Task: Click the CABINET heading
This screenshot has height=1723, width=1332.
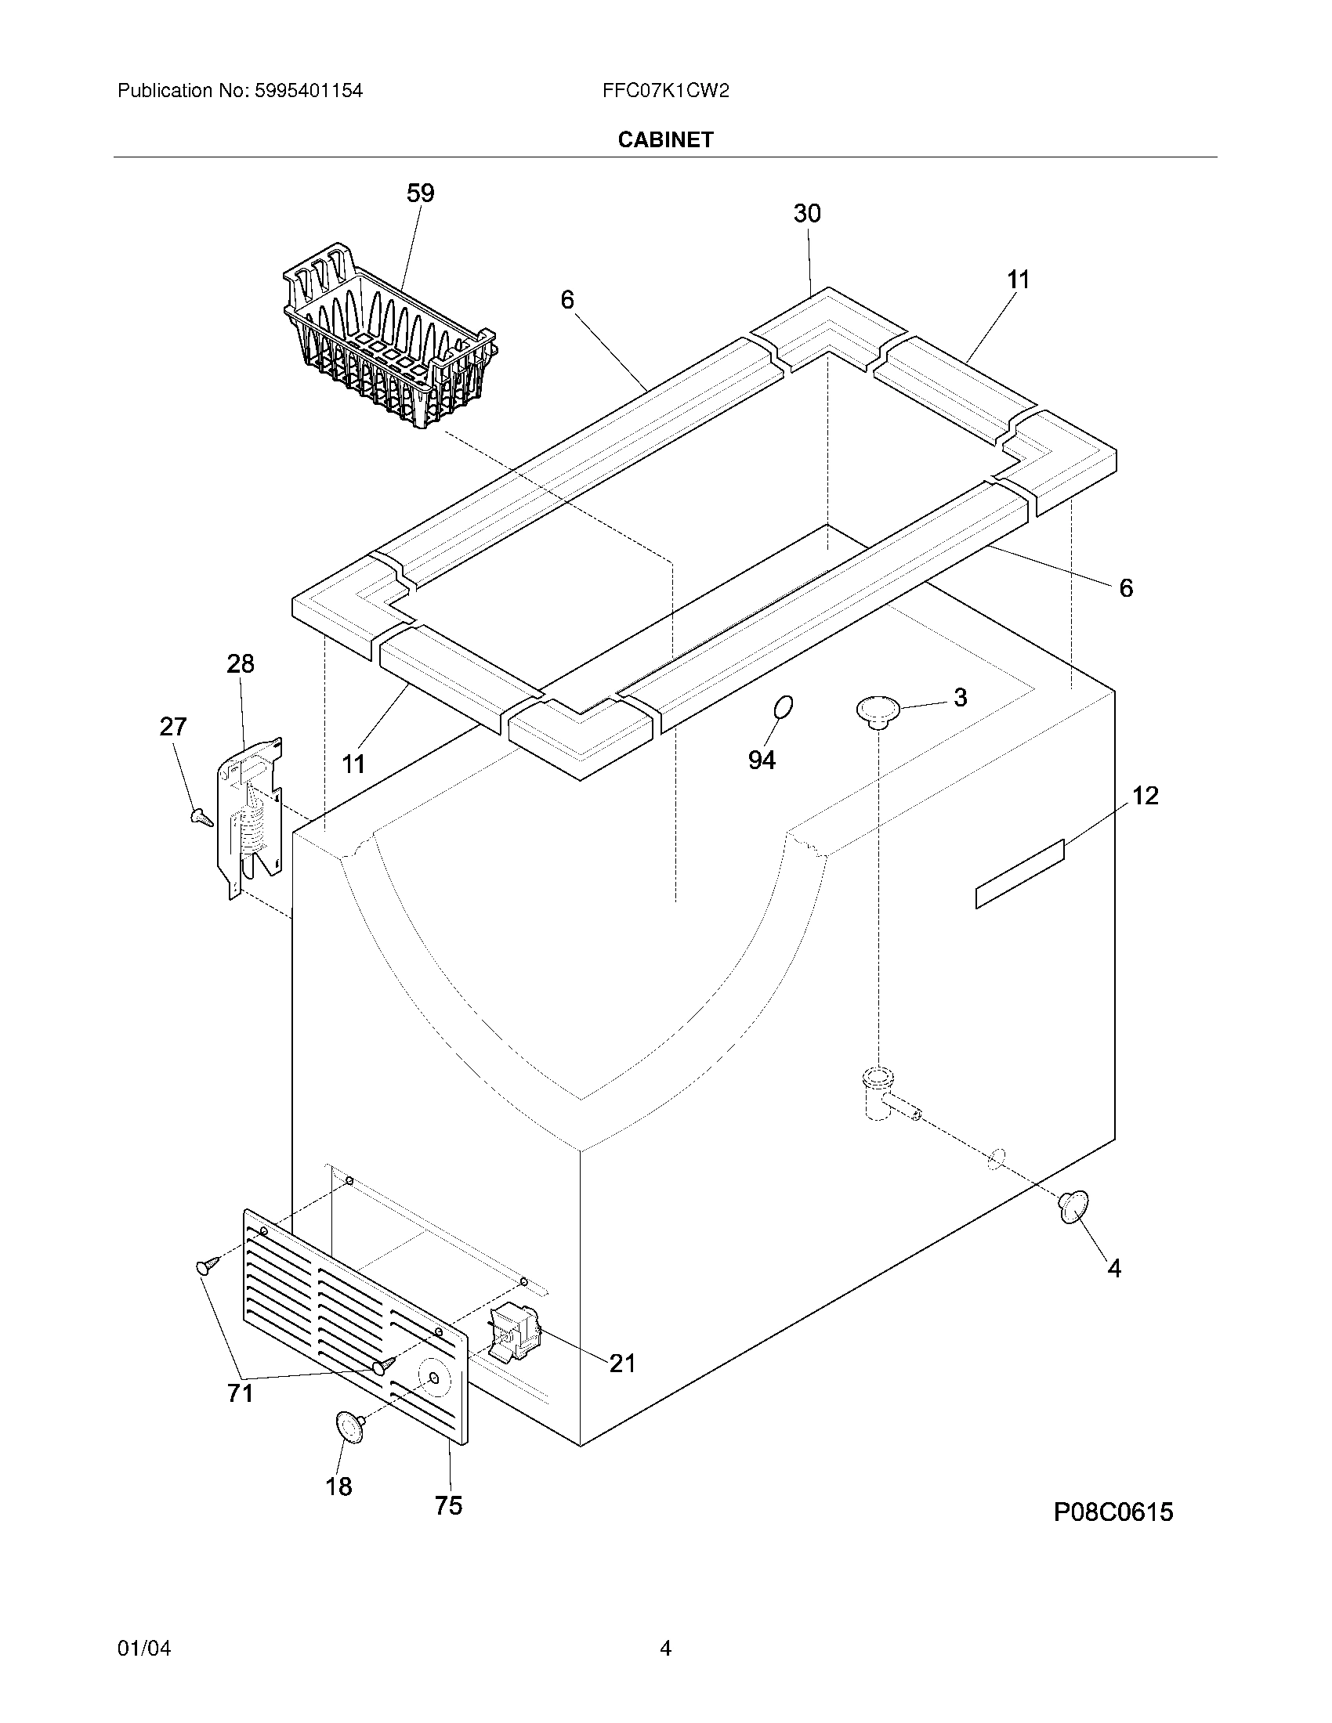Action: click(665, 139)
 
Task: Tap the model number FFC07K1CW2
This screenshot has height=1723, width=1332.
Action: click(665, 91)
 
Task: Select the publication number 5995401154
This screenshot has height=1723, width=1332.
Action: click(309, 91)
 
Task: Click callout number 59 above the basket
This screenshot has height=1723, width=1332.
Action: click(420, 193)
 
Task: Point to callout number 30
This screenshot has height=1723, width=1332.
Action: click(806, 213)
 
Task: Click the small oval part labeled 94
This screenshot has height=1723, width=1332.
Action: click(783, 708)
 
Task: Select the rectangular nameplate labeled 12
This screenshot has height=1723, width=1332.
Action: click(1019, 874)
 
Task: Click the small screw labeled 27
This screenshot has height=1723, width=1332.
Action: click(201, 818)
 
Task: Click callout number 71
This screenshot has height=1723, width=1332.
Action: click(240, 1393)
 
